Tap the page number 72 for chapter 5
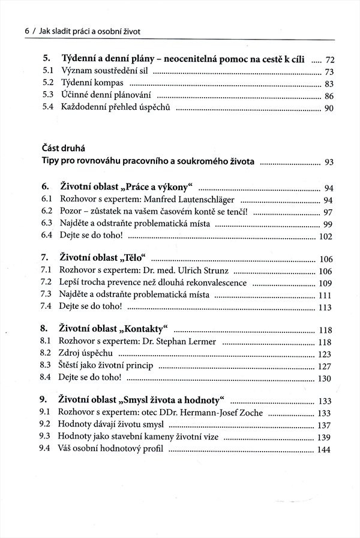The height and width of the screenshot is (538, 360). click(329, 60)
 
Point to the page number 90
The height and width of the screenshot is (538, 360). click(328, 109)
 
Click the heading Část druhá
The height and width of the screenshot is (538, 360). click(62, 148)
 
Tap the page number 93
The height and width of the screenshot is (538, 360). click(329, 162)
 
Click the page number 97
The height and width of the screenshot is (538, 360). click(328, 212)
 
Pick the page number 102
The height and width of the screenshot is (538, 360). click(325, 236)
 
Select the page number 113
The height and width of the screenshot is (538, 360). click(325, 308)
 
